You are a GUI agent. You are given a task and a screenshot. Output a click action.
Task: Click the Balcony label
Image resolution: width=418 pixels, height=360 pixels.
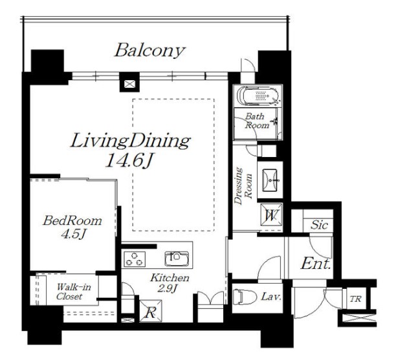[x=149, y=50]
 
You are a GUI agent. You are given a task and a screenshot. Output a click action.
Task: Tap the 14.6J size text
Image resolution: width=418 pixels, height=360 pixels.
[x=129, y=160]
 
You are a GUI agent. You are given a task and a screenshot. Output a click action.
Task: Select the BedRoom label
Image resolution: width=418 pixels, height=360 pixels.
[x=72, y=221]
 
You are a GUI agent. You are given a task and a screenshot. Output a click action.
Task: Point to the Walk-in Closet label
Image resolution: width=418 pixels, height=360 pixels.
[x=74, y=292]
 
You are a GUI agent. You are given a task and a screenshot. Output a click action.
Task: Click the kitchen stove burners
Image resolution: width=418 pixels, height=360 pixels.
[x=135, y=259]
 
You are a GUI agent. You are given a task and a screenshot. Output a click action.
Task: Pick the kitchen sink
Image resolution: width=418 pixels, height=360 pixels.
[x=177, y=259]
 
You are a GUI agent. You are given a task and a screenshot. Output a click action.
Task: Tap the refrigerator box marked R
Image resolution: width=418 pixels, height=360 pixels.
[x=151, y=311]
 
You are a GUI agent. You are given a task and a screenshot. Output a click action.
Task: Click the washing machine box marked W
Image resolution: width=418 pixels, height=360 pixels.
[x=271, y=215]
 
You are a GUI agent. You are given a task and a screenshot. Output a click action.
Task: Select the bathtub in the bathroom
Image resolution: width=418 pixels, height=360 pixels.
[x=258, y=96]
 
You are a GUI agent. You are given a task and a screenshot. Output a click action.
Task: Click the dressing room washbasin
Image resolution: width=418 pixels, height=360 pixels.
[x=270, y=180]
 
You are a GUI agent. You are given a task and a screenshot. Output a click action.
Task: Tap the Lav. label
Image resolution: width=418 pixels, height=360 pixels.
[x=271, y=297]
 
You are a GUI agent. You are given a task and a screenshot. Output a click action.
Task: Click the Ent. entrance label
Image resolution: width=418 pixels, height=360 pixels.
[x=316, y=264]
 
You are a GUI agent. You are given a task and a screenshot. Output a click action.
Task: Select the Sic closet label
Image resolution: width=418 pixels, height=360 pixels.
[x=319, y=226]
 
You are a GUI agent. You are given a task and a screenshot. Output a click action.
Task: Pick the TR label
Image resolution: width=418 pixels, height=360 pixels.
[x=356, y=299]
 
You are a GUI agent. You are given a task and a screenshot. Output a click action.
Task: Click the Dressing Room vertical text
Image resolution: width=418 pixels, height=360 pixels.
[x=243, y=185]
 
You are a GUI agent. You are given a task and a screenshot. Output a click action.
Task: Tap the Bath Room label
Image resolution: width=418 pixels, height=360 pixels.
[x=257, y=121]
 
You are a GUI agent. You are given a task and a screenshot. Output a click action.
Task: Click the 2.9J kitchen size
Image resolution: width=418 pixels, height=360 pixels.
[x=167, y=288]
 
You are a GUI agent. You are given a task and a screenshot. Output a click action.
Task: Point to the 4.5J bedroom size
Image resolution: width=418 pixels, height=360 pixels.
[x=73, y=234]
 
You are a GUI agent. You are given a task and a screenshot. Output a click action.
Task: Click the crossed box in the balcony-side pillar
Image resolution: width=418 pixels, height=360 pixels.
[x=129, y=85]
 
